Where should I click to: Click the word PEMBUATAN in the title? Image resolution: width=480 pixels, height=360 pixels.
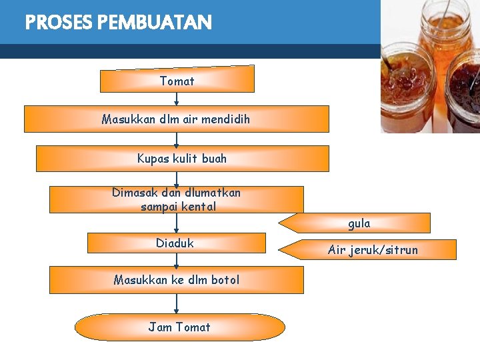pos(154,23)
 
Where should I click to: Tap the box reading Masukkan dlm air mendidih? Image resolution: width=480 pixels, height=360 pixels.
pos(177,119)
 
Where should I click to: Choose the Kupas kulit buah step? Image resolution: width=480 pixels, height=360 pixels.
pos(182,159)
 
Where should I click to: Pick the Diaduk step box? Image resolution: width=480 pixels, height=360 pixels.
pos(176,243)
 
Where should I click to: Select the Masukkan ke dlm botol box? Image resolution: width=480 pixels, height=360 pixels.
pos(176,280)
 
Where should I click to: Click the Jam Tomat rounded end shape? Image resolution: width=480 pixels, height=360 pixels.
pos(179,327)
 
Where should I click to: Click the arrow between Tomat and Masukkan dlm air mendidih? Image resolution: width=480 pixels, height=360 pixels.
pos(177,99)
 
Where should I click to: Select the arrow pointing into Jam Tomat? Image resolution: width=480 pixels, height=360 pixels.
pos(177,303)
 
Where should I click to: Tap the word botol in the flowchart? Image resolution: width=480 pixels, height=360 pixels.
pos(224,280)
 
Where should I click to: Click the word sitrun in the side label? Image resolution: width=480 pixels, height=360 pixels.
pos(401,250)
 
